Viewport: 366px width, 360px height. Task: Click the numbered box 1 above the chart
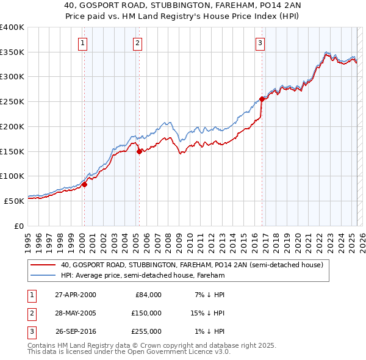pyautogui.click(x=82, y=43)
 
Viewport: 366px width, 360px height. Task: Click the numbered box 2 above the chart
pyautogui.click(x=138, y=43)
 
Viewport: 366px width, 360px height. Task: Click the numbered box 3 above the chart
pyautogui.click(x=260, y=43)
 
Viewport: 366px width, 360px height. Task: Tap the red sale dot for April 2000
pyautogui.click(x=85, y=184)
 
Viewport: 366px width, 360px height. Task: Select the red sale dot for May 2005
pyautogui.click(x=139, y=152)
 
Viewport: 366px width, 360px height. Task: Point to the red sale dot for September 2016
pyautogui.click(x=262, y=99)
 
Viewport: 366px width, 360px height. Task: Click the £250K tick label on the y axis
pyautogui.click(x=12, y=101)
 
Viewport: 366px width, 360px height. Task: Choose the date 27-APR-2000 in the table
pyautogui.click(x=76, y=295)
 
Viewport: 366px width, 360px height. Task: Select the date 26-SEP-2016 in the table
pyautogui.click(x=76, y=331)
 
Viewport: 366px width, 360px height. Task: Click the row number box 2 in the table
pyautogui.click(x=30, y=313)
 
